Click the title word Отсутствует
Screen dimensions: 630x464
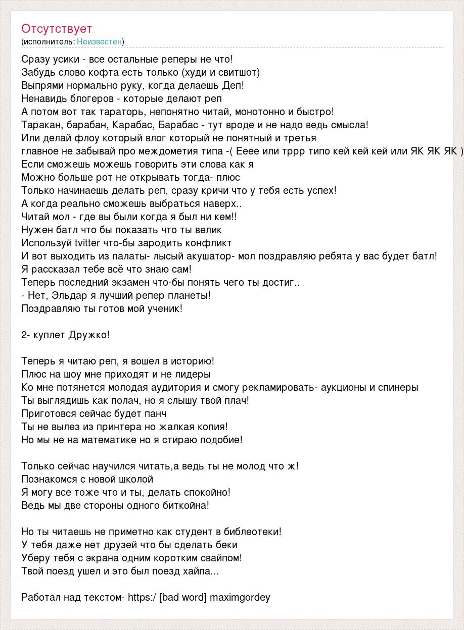click(x=57, y=29)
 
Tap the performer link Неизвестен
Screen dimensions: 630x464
click(x=100, y=42)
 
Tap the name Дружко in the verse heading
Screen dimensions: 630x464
click(x=90, y=335)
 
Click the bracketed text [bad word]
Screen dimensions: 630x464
click(x=182, y=597)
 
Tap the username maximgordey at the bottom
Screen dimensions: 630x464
click(x=240, y=597)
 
